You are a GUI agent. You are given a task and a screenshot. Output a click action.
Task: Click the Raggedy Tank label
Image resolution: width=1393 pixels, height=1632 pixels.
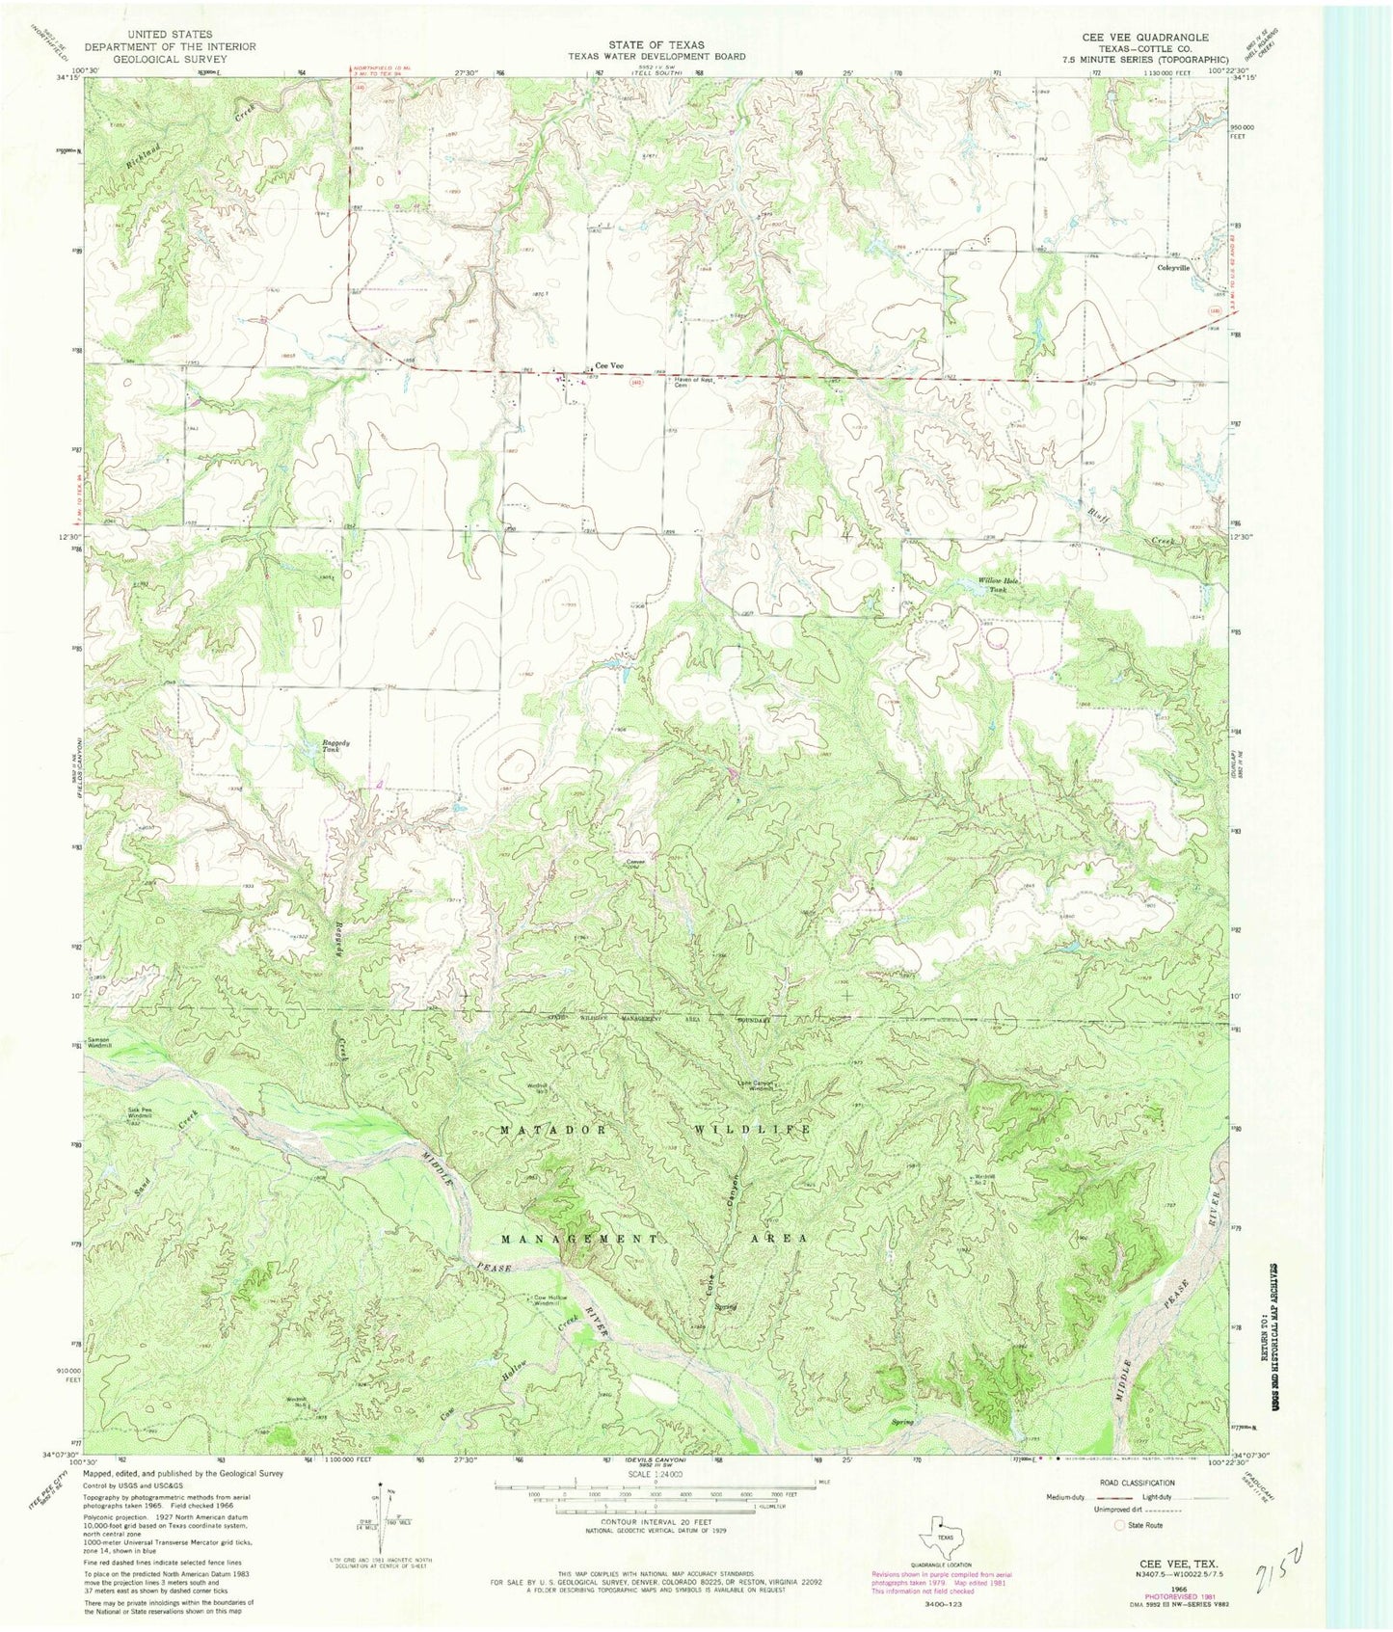tap(335, 746)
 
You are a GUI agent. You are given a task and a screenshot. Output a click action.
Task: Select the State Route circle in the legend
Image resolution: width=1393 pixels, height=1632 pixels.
tap(1119, 1527)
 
